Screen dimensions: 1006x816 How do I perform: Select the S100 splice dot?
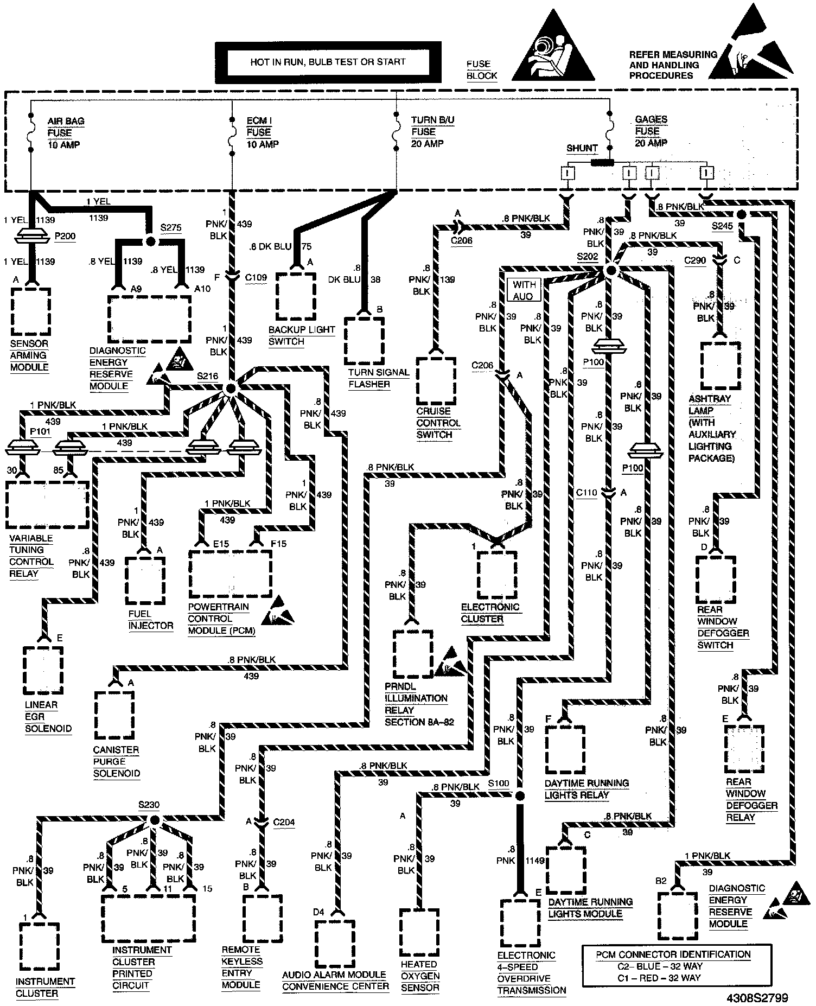(520, 796)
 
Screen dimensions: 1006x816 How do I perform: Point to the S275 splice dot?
(151, 241)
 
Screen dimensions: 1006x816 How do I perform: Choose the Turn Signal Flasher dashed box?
(365, 341)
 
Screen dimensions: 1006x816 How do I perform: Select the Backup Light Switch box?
(296, 297)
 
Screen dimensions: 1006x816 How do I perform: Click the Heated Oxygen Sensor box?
(419, 932)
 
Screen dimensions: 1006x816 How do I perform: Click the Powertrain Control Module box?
(231, 574)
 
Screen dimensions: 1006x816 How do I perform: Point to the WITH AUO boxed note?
(524, 290)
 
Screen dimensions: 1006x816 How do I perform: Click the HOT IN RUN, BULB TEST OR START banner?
(328, 62)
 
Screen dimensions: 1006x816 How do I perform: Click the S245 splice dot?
(741, 214)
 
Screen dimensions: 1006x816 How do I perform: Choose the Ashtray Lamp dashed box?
(721, 365)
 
